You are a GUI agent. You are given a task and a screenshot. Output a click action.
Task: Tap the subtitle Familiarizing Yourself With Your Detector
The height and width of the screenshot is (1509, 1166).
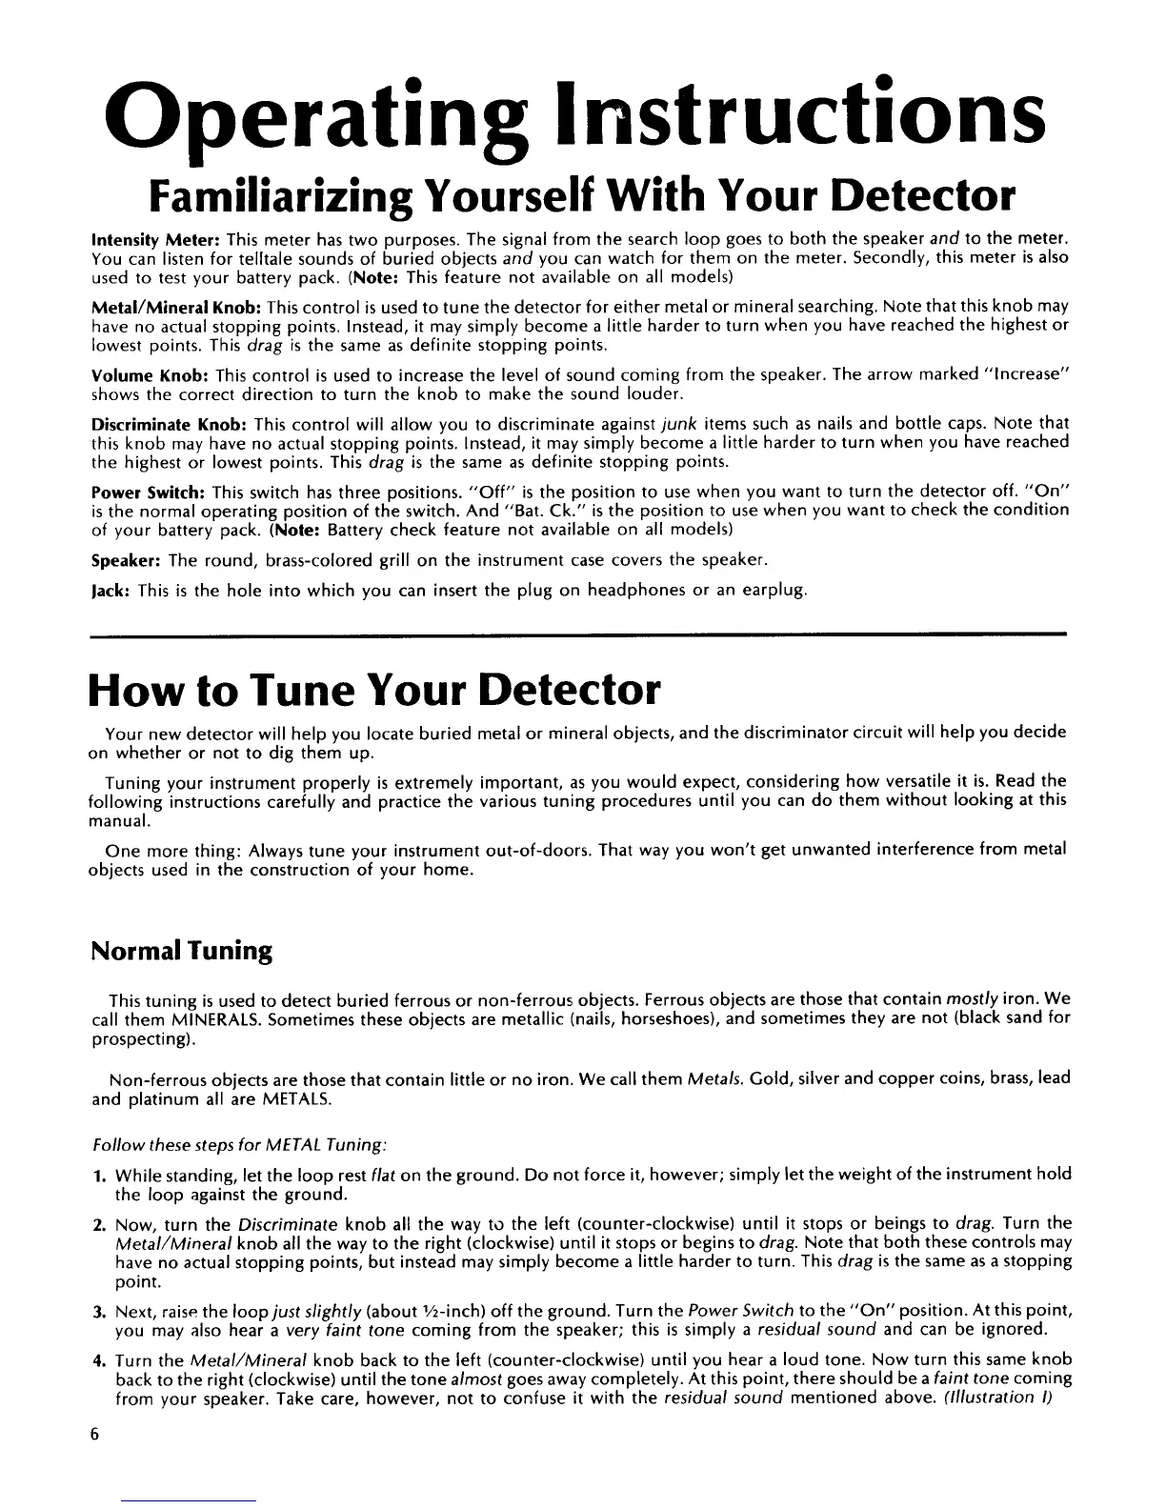click(x=579, y=196)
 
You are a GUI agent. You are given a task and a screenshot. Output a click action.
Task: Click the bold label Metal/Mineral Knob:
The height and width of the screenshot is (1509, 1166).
click(x=176, y=307)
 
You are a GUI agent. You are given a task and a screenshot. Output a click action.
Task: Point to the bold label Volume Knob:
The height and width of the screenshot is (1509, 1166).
click(x=144, y=374)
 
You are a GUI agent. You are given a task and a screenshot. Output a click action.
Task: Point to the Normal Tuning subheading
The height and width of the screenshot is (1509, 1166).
click(x=181, y=951)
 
